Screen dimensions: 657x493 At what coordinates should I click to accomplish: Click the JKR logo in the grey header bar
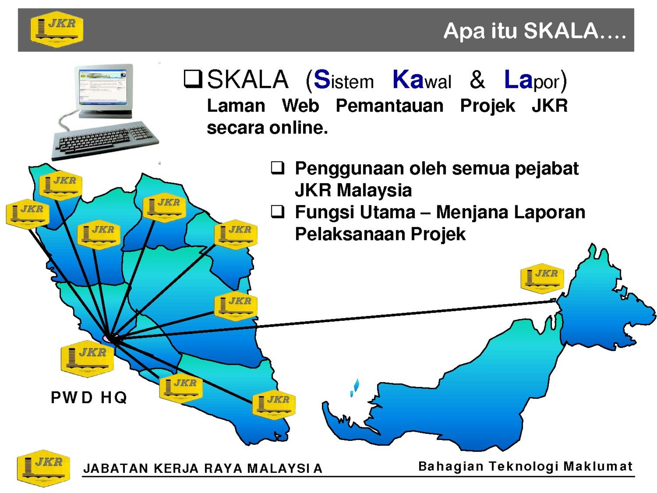click(x=57, y=29)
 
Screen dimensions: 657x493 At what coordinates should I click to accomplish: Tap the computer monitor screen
click(x=102, y=86)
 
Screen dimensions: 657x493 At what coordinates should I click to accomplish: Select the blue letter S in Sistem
click(x=322, y=79)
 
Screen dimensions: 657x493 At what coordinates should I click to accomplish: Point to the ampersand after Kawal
click(x=477, y=80)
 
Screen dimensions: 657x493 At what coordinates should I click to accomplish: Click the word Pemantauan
click(x=389, y=106)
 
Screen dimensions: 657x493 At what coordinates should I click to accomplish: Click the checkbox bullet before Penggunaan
click(x=277, y=168)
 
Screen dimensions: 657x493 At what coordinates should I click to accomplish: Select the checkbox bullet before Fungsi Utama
click(x=277, y=211)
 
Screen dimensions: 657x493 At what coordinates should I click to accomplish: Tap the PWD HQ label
click(x=89, y=397)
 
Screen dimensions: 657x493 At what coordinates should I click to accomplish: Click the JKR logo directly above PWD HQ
click(x=87, y=359)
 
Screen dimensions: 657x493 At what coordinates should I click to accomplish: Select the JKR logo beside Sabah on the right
click(x=542, y=279)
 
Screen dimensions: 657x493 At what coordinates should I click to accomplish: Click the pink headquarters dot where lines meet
click(x=106, y=338)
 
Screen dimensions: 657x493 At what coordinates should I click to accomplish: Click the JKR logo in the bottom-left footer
click(x=44, y=468)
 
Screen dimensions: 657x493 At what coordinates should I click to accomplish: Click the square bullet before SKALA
click(x=193, y=79)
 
